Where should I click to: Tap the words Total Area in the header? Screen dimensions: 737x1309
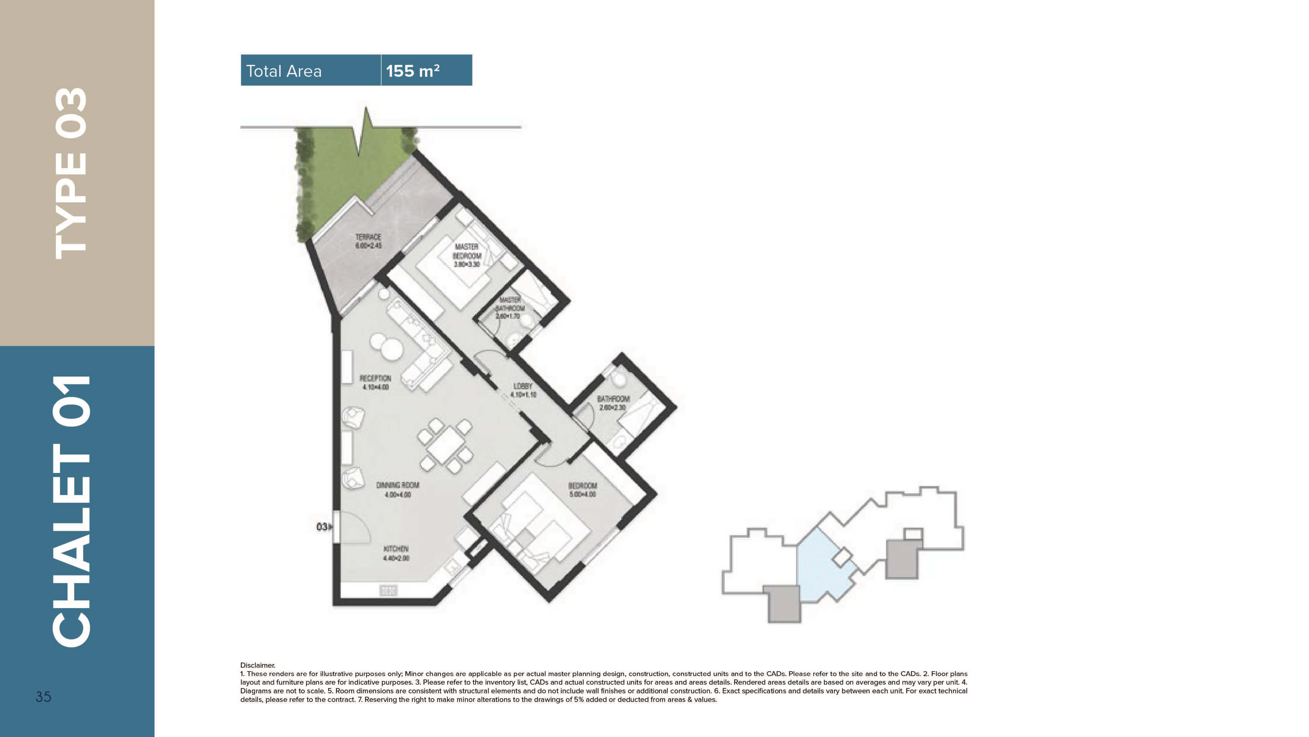pyautogui.click(x=283, y=71)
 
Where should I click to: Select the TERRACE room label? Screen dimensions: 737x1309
pyautogui.click(x=368, y=241)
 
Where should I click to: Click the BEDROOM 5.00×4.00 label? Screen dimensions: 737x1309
pyautogui.click(x=583, y=490)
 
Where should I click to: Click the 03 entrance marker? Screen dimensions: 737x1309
pyautogui.click(x=322, y=527)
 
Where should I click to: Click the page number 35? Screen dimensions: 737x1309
pyautogui.click(x=43, y=697)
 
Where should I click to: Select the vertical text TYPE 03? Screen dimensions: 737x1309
pyautogui.click(x=71, y=173)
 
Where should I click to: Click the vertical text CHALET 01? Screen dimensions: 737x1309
pyautogui.click(x=71, y=511)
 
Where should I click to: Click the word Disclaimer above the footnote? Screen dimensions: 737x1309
pyautogui.click(x=258, y=665)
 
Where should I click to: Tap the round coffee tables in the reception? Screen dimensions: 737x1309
pyautogui.click(x=386, y=345)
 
